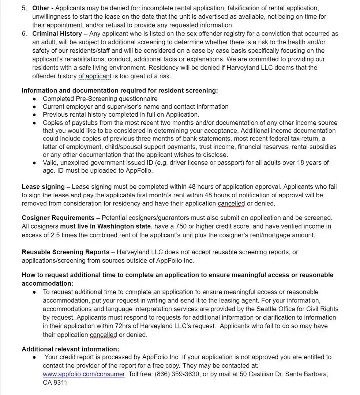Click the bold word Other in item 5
(x=41, y=8)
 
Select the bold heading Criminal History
(x=57, y=34)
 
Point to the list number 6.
(x=24, y=34)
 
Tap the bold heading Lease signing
(x=43, y=187)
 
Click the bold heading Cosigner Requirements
(x=58, y=218)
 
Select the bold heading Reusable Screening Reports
(x=65, y=252)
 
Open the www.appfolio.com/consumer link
(x=84, y=374)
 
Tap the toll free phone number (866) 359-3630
(x=177, y=374)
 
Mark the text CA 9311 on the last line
(x=55, y=383)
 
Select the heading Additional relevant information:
(x=70, y=349)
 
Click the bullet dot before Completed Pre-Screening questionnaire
(x=34, y=99)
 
